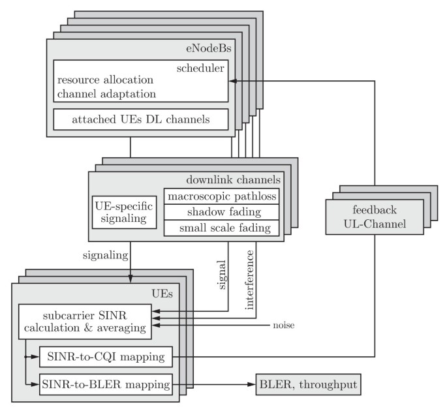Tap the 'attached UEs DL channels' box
(140, 119)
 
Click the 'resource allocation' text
(105, 80)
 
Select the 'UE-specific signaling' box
(125, 212)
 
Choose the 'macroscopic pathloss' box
(221, 196)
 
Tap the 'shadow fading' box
(221, 211)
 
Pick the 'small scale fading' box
(221, 227)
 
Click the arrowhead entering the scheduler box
(231, 80)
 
